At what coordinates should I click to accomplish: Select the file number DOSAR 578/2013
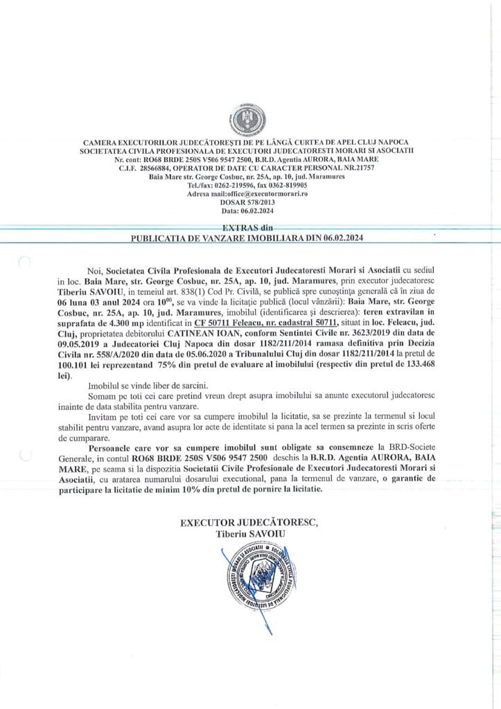(x=250, y=203)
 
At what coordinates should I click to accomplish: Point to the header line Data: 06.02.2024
(x=250, y=211)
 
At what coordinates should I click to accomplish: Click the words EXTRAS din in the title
(x=249, y=228)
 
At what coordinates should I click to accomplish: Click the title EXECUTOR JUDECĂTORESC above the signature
(x=250, y=523)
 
